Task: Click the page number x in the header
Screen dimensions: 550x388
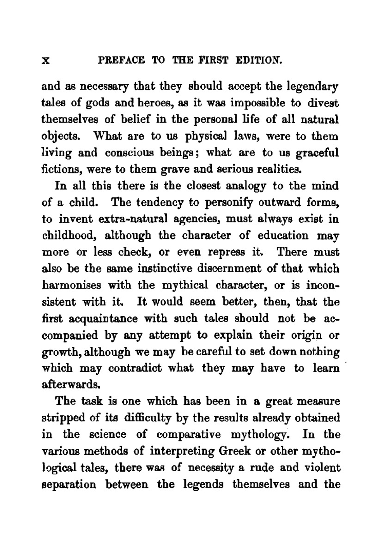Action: (46, 61)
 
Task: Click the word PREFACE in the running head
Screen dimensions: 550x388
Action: (121, 61)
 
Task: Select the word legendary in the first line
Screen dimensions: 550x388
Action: (313, 86)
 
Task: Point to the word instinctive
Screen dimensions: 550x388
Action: (163, 269)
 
